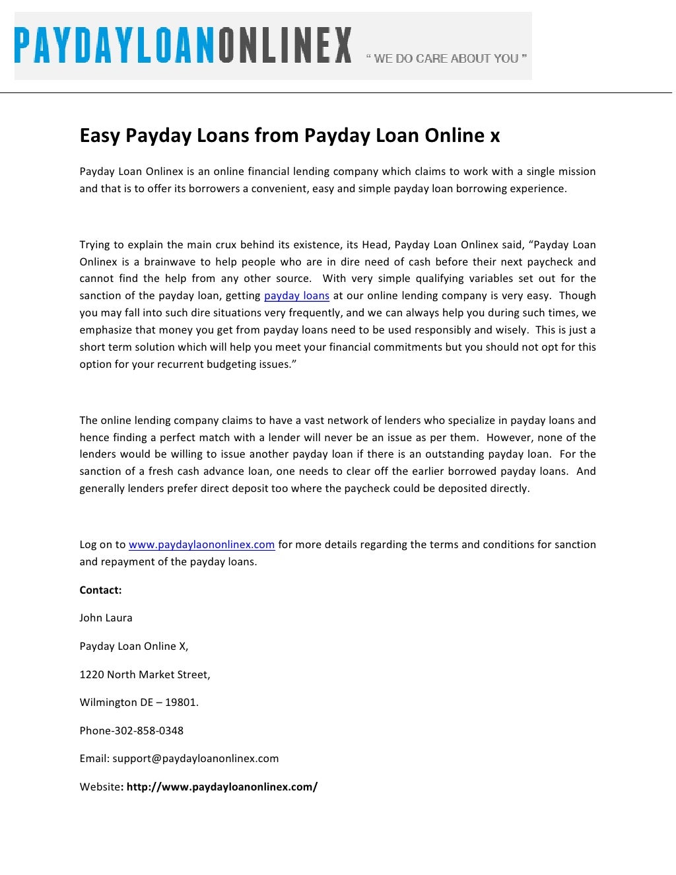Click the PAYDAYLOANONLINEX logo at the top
(184, 46)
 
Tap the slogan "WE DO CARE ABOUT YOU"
(446, 59)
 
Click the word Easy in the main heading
(100, 135)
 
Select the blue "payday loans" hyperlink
(296, 296)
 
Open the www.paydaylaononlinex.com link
(201, 545)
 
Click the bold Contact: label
(100, 590)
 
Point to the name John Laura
(106, 618)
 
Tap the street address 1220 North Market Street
(145, 675)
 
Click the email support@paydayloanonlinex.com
(195, 759)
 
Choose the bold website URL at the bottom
(222, 787)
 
